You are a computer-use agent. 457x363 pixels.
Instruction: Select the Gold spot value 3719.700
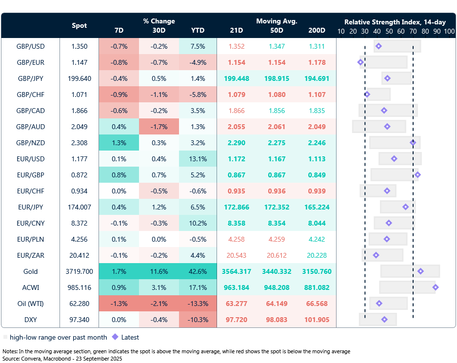pyautogui.click(x=79, y=271)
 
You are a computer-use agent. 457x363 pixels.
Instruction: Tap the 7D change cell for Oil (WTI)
pyautogui.click(x=119, y=304)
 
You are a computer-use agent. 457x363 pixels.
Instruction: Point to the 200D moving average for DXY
pyautogui.click(x=317, y=320)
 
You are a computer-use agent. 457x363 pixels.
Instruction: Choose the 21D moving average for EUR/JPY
pyautogui.click(x=237, y=207)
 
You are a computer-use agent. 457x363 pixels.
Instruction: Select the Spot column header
pyautogui.click(x=79, y=26)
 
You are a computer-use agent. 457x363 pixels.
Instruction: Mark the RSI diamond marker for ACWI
pyautogui.click(x=436, y=287)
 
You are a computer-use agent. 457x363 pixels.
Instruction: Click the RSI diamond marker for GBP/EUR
pyautogui.click(x=360, y=62)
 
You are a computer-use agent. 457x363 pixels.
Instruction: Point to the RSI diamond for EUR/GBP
pyautogui.click(x=417, y=174)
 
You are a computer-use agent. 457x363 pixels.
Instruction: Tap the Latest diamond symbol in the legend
pyautogui.click(x=115, y=337)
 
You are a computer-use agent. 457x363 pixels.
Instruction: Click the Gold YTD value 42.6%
pyautogui.click(x=198, y=271)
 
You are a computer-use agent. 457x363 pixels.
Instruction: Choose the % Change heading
pyautogui.click(x=159, y=21)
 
